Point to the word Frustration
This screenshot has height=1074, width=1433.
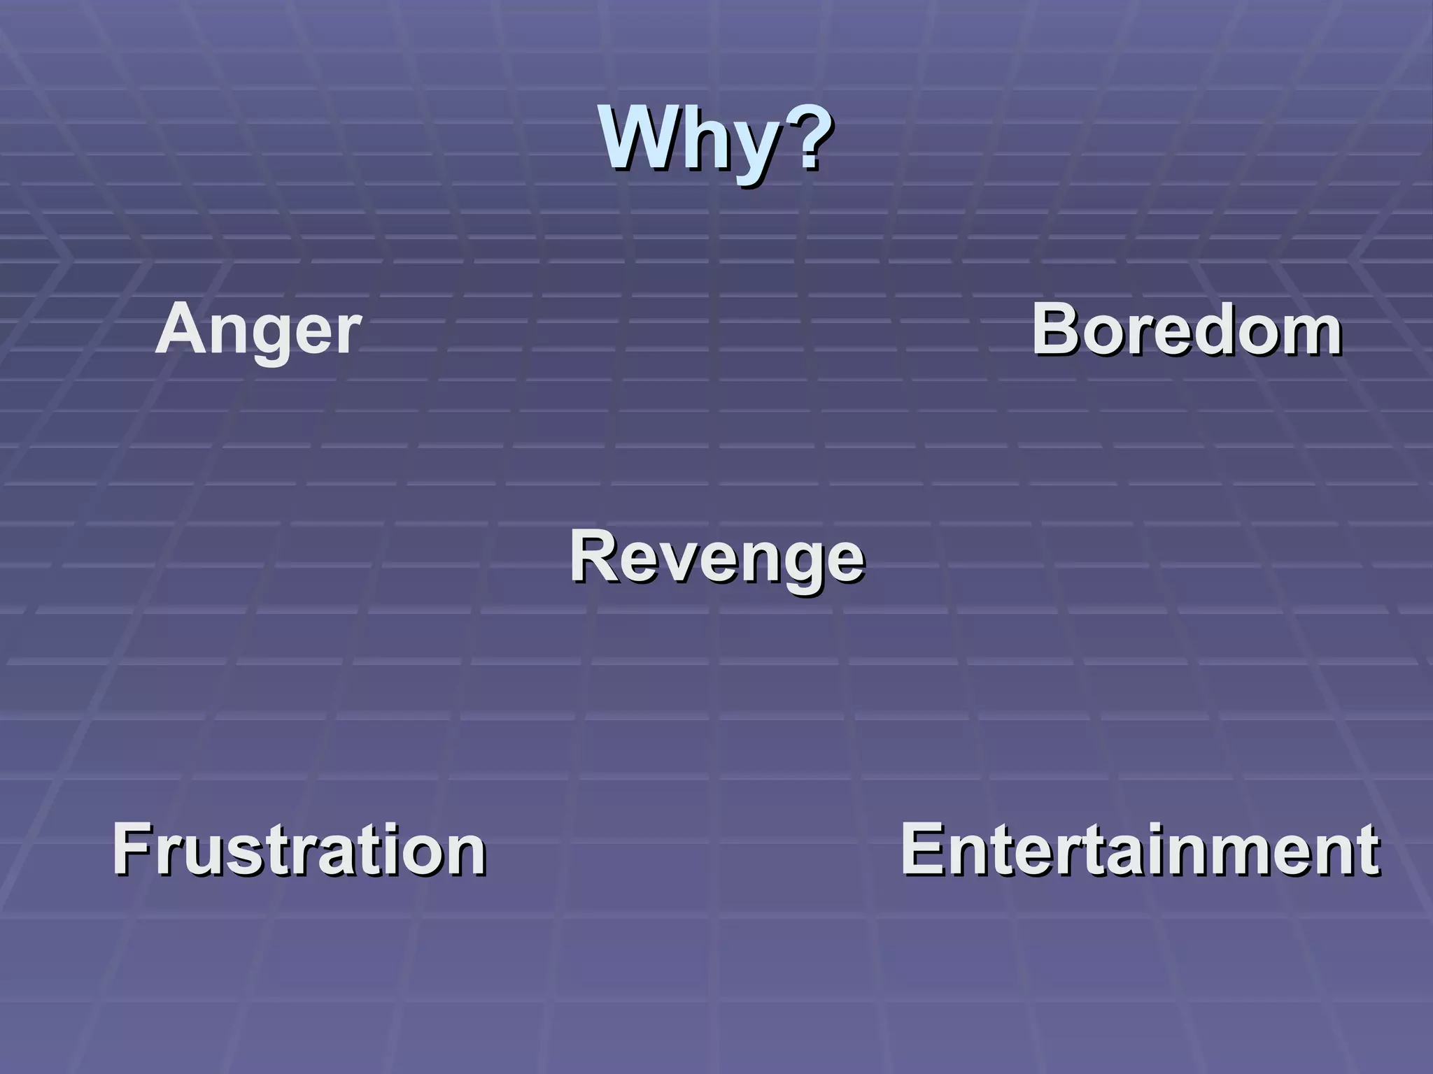pyautogui.click(x=299, y=849)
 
